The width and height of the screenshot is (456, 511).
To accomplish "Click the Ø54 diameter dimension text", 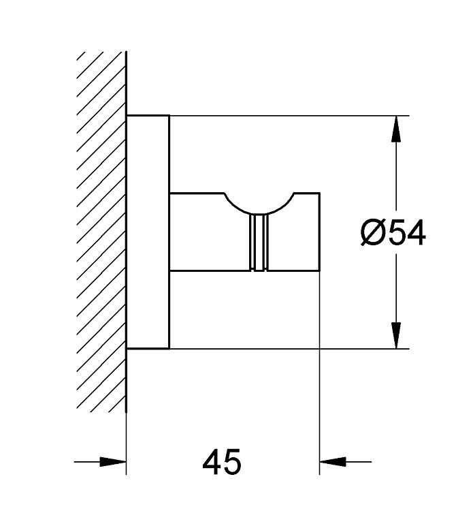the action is [x=393, y=232].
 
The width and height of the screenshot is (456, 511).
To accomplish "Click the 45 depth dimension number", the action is [x=222, y=462].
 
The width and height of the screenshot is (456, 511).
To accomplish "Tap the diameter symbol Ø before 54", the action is [x=372, y=232].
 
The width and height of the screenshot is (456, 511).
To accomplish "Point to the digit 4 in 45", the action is [x=212, y=462].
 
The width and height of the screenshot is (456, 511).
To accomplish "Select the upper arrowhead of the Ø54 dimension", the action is [x=396, y=129].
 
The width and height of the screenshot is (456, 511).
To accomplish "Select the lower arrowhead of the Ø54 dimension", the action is [x=396, y=335].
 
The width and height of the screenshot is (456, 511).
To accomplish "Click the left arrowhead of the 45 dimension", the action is [x=112, y=462].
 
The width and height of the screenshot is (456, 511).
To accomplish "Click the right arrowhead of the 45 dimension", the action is [x=333, y=462].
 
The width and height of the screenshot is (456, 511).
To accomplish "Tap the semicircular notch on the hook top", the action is [x=259, y=212].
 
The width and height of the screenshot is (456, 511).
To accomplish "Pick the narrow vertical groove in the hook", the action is [x=259, y=243].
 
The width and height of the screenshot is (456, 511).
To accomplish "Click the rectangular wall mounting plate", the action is [x=148, y=232].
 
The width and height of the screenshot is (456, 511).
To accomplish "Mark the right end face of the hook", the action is [x=320, y=232].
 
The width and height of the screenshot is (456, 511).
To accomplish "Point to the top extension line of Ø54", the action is [x=289, y=116].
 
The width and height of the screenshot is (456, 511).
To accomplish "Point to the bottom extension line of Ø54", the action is [x=289, y=349].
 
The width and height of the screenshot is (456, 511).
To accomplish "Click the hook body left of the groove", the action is [x=210, y=232].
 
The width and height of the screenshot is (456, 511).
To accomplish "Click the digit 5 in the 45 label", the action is [x=232, y=462].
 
